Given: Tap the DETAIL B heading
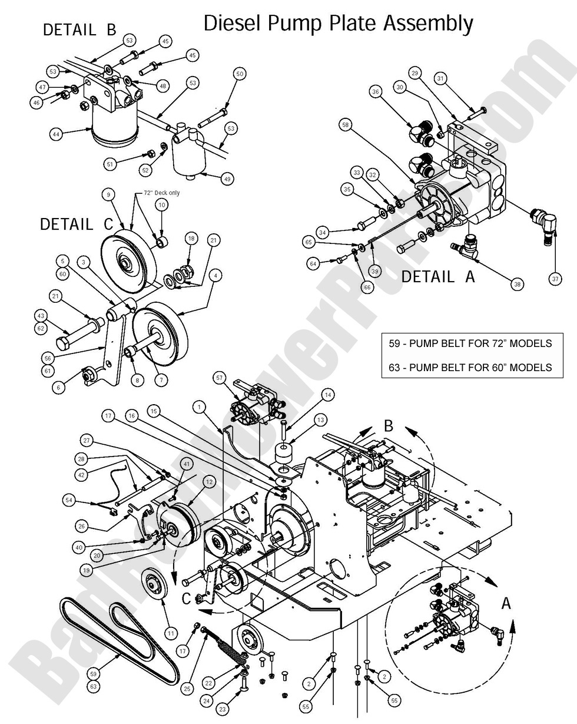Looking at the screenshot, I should pyautogui.click(x=79, y=29).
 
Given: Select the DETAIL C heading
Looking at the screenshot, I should pyautogui.click(x=75, y=224).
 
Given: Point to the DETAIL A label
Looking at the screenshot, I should pyautogui.click(x=437, y=276).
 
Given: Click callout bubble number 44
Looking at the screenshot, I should pyautogui.click(x=55, y=134).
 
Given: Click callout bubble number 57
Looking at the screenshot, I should pyautogui.click(x=220, y=377).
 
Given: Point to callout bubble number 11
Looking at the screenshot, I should pyautogui.click(x=171, y=633).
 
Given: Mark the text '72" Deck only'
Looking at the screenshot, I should pyautogui.click(x=162, y=193).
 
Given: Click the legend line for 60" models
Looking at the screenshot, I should pyautogui.click(x=470, y=367).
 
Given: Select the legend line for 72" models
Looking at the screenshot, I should pyautogui.click(x=470, y=343).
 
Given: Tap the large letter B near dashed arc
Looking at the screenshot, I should pyautogui.click(x=388, y=425).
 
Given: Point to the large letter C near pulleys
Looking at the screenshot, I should pyautogui.click(x=185, y=599).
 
